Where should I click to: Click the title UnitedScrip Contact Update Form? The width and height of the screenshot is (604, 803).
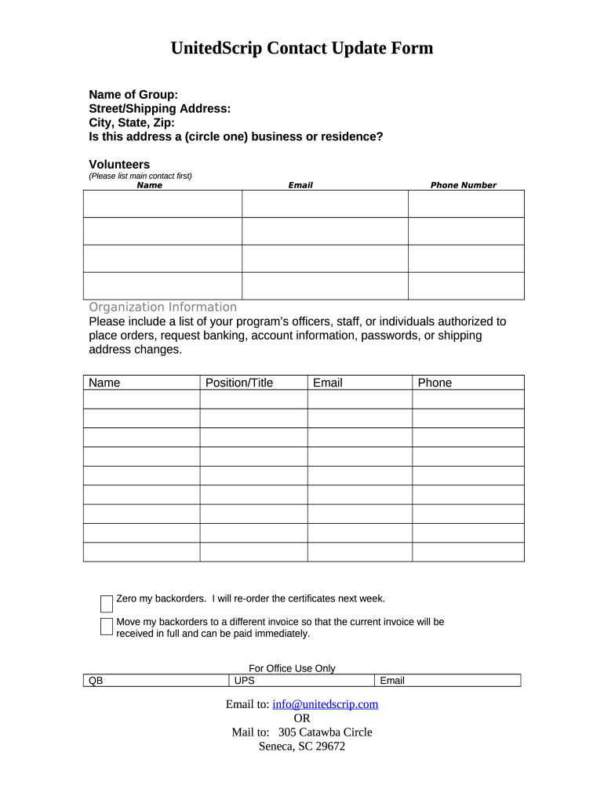pos(302,49)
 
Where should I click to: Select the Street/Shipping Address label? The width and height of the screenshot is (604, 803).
pos(159,109)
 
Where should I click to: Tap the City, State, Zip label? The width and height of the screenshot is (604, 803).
pos(132,122)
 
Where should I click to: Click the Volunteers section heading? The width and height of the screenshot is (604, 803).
pos(119,165)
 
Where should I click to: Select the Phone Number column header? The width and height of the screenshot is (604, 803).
pos(463,185)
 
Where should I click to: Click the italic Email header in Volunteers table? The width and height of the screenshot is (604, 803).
pos(300,185)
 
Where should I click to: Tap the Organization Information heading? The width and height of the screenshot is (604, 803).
pos(162,307)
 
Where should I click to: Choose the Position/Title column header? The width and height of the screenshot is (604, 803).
pos(239,383)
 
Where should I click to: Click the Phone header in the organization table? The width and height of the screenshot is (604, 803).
pos(435,383)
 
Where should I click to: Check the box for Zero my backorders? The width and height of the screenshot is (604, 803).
pos(107,603)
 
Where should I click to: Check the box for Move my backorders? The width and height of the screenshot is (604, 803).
pos(107,626)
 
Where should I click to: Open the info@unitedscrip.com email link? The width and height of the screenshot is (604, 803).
pos(325,704)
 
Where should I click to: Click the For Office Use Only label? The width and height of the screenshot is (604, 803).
pos(292,668)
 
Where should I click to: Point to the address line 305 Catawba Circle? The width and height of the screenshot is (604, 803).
pos(325,732)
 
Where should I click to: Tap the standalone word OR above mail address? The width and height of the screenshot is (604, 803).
pos(302,718)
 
